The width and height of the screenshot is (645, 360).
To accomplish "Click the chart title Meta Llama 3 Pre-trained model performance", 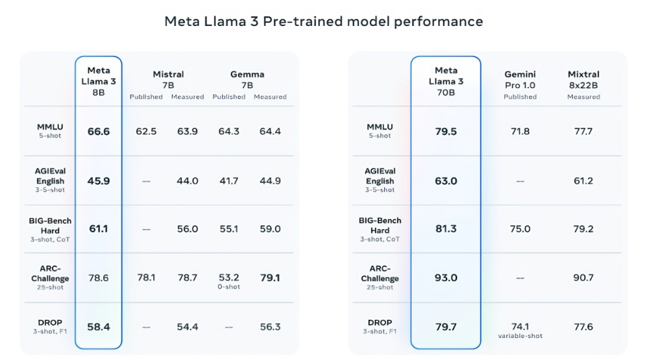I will click(323, 21).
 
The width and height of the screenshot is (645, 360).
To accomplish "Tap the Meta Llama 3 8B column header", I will click(99, 81).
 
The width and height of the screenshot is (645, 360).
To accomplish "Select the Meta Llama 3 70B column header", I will click(446, 81).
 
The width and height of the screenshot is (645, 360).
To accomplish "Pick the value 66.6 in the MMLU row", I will click(99, 132).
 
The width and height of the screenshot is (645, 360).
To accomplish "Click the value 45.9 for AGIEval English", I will click(99, 181).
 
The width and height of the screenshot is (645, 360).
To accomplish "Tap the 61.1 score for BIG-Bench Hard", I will click(99, 229).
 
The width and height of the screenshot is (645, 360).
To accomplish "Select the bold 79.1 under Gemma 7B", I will click(270, 278).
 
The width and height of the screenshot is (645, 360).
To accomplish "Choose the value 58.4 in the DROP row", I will click(99, 327).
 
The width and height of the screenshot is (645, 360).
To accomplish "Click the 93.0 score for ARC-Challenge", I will click(446, 278).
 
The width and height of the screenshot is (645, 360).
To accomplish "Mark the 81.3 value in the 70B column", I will click(446, 229).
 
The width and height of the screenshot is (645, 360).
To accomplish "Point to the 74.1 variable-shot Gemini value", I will click(520, 327).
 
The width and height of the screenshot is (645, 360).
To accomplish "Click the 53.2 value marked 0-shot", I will click(228, 278).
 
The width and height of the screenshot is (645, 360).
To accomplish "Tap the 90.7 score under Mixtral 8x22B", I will click(583, 278).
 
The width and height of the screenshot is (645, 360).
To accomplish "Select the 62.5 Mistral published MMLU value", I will click(146, 132).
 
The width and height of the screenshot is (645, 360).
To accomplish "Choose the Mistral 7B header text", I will click(168, 80).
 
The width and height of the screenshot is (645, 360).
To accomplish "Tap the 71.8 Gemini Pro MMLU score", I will click(520, 132).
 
